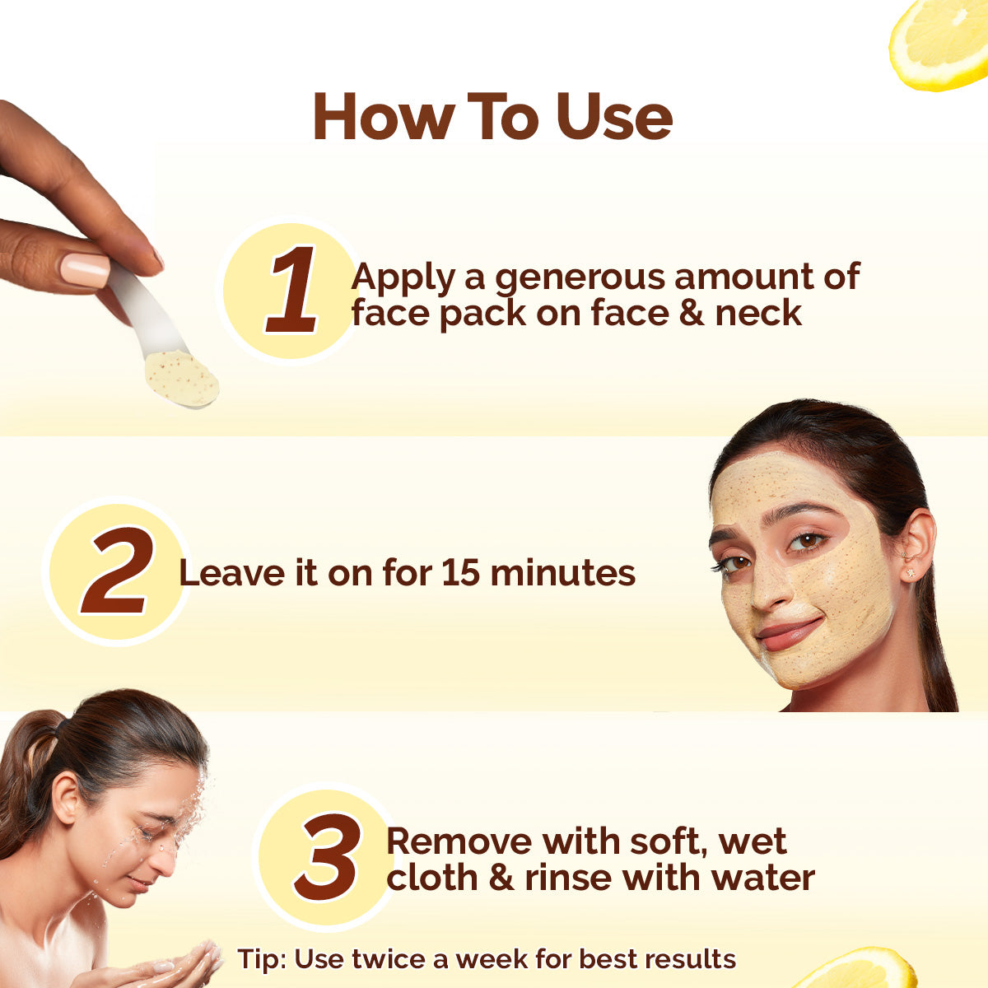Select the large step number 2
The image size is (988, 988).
coord(117,572)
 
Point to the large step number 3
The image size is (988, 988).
coord(328,857)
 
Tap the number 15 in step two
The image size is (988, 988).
coord(460,573)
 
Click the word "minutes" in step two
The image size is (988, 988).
coord(562,573)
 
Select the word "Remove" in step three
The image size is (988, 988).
coord(459,841)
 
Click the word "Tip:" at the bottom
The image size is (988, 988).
coord(261,959)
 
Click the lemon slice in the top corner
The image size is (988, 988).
coord(943,41)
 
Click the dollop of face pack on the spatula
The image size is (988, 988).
coord(182,377)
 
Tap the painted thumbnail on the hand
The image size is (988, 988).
coord(85,270)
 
